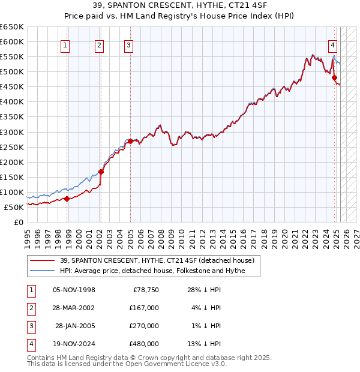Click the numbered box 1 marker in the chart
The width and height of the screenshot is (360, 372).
click(64, 44)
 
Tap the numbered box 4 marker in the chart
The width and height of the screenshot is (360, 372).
click(332, 44)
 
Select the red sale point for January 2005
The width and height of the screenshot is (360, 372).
click(130, 141)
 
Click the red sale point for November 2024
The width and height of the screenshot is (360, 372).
click(335, 77)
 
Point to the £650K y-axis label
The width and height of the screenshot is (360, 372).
click(12, 27)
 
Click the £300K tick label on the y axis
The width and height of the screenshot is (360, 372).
click(12, 132)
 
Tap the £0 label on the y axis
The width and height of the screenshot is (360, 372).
click(17, 222)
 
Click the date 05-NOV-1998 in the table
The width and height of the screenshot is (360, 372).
click(74, 290)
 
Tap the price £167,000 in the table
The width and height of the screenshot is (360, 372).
click(144, 308)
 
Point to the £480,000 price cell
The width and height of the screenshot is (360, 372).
click(144, 344)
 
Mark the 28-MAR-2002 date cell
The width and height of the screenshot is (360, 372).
click(74, 308)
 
